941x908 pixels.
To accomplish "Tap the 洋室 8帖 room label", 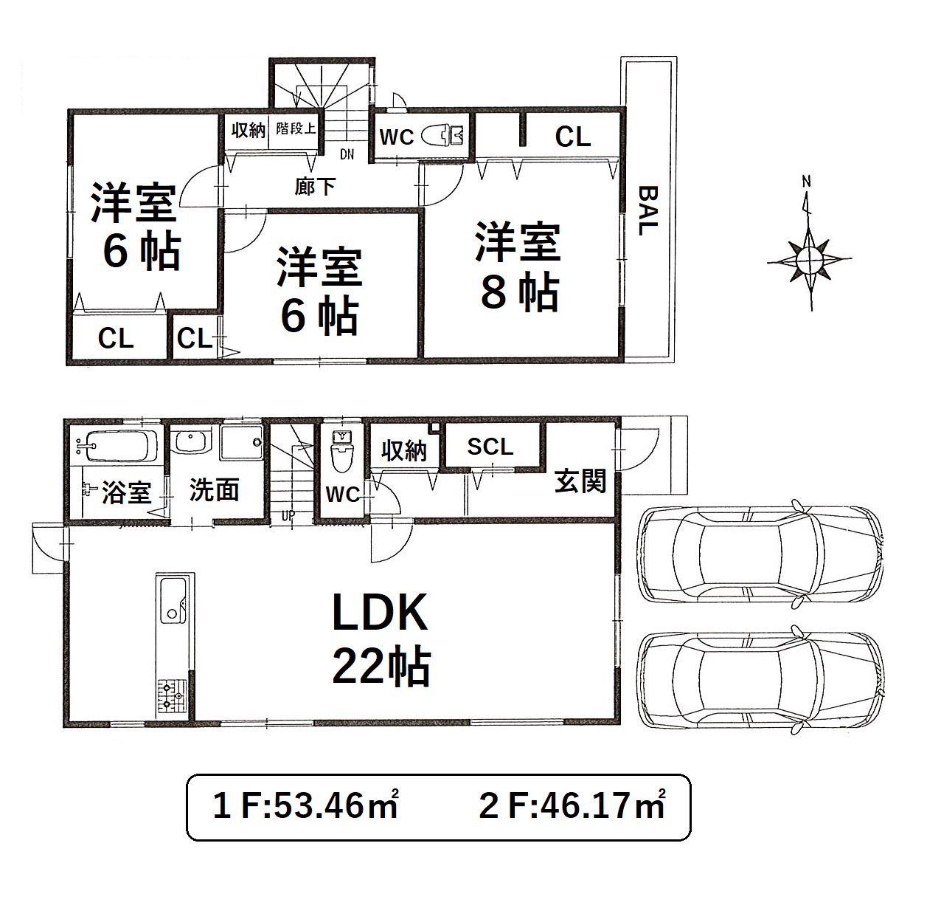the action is [518, 266].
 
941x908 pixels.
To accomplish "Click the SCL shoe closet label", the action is [490, 447].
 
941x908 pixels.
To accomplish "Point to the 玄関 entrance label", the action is [580, 481].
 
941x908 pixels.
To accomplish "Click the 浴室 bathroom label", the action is [127, 492].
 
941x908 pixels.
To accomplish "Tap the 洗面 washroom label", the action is [214, 489].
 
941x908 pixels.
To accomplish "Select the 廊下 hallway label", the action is [315, 186].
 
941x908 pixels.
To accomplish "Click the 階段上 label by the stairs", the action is [296, 128].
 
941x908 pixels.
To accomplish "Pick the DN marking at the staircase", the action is [347, 154].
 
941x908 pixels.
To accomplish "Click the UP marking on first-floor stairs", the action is [288, 516].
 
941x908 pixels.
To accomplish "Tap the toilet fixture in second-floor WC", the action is [442, 135].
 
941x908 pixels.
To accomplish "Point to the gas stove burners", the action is [172, 696].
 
